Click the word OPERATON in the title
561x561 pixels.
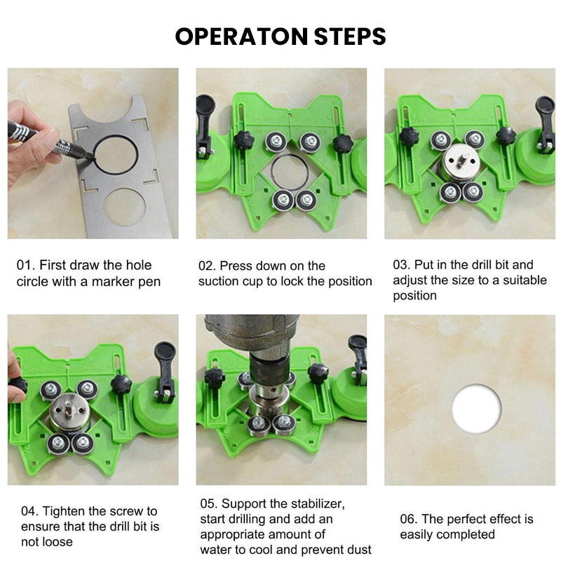[x=241, y=36]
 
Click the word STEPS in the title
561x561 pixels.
[x=350, y=36]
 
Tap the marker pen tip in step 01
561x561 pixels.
[x=92, y=156]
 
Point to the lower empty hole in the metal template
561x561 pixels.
[x=125, y=207]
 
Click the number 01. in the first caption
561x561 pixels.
[x=26, y=265]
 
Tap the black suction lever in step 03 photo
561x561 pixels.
[x=546, y=122]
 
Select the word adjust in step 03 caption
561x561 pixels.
[x=410, y=280]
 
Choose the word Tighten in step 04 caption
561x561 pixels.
[x=65, y=511]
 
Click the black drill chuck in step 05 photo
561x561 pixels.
[x=269, y=369]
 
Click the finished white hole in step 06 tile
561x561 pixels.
[x=476, y=408]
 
